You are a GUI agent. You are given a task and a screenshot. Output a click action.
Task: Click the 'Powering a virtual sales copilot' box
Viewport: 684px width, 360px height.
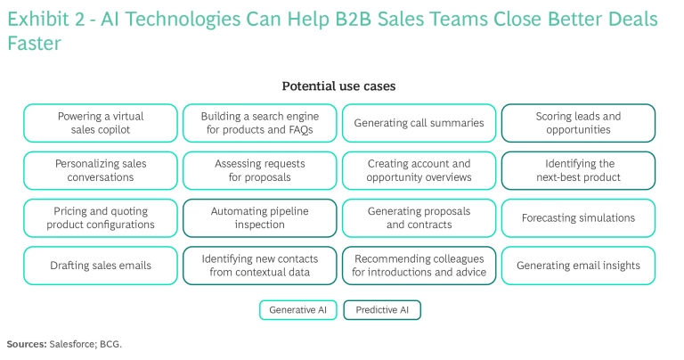click(x=101, y=123)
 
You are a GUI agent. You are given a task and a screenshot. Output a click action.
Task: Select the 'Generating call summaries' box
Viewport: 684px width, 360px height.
click(x=419, y=123)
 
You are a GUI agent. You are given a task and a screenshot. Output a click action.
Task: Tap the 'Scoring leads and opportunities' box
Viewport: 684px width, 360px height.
click(x=578, y=123)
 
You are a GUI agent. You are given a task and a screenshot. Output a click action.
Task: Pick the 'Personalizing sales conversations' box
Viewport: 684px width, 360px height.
click(x=101, y=170)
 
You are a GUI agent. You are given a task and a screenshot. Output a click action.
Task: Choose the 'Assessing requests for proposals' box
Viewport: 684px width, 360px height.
click(x=259, y=170)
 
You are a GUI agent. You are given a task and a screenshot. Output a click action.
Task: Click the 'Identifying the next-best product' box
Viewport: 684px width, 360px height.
click(x=578, y=170)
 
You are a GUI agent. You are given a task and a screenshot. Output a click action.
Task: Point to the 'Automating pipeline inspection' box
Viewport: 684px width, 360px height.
click(x=259, y=217)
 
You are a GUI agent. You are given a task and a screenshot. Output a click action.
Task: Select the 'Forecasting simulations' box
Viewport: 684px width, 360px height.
click(x=578, y=217)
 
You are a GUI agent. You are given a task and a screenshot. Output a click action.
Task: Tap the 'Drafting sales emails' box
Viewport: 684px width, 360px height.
click(x=101, y=266)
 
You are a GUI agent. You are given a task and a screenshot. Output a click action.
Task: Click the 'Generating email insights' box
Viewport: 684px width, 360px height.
click(x=578, y=266)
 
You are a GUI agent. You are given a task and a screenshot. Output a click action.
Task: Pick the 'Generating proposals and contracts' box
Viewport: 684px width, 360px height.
click(x=419, y=217)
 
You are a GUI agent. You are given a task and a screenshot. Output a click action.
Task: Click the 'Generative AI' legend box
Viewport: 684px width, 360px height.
click(x=297, y=310)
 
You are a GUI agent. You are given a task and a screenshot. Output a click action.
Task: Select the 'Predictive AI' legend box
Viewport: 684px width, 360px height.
click(x=383, y=310)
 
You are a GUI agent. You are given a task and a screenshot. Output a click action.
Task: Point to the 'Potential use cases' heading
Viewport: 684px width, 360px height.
click(x=338, y=86)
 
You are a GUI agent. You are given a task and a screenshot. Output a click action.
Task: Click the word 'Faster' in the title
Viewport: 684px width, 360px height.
click(x=34, y=42)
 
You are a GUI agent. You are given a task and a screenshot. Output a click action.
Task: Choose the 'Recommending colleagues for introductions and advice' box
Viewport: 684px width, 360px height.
click(x=419, y=266)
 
